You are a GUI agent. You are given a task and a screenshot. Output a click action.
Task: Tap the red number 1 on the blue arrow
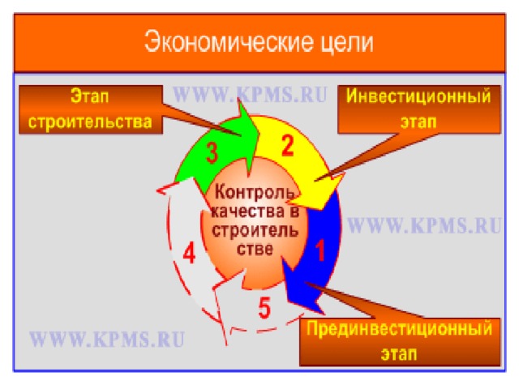(x=320, y=250)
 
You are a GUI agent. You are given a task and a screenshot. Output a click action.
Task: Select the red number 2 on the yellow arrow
(x=287, y=146)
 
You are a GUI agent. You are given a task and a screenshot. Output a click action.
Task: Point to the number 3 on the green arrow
(x=212, y=153)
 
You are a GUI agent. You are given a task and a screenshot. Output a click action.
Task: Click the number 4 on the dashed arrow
(x=188, y=254)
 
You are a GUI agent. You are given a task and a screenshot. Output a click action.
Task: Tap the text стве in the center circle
(x=253, y=246)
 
